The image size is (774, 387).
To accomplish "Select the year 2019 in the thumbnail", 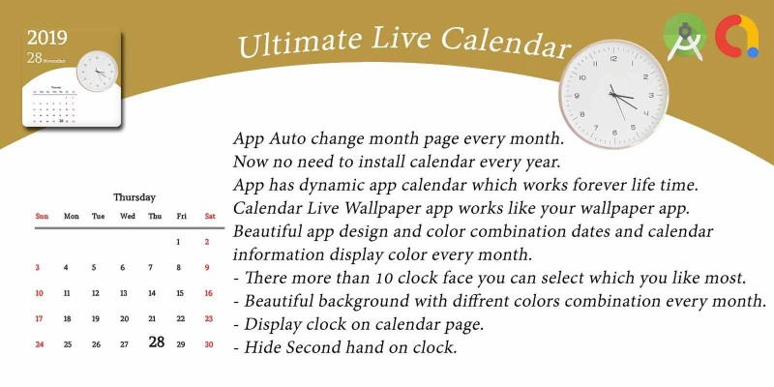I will click(47, 38).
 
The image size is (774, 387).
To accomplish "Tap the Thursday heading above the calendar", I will click(134, 196).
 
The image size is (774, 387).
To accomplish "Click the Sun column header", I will click(42, 216).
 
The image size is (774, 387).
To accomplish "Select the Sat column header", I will click(209, 216).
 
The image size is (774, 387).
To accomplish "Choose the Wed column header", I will click(128, 216).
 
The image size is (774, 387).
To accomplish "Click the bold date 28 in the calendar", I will click(157, 342).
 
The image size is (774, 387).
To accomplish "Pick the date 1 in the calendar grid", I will click(179, 242).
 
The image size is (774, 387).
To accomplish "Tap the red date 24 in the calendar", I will click(40, 343).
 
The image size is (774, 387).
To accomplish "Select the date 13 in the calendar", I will click(123, 293).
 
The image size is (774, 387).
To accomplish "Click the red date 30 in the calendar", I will click(208, 343).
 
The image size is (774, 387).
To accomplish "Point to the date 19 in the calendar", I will click(95, 318).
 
